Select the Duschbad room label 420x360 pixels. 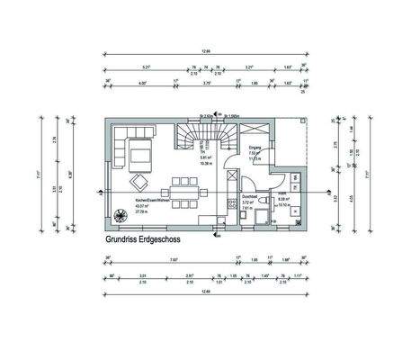tap(249, 198)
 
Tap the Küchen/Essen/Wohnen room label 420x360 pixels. tap(148, 202)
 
